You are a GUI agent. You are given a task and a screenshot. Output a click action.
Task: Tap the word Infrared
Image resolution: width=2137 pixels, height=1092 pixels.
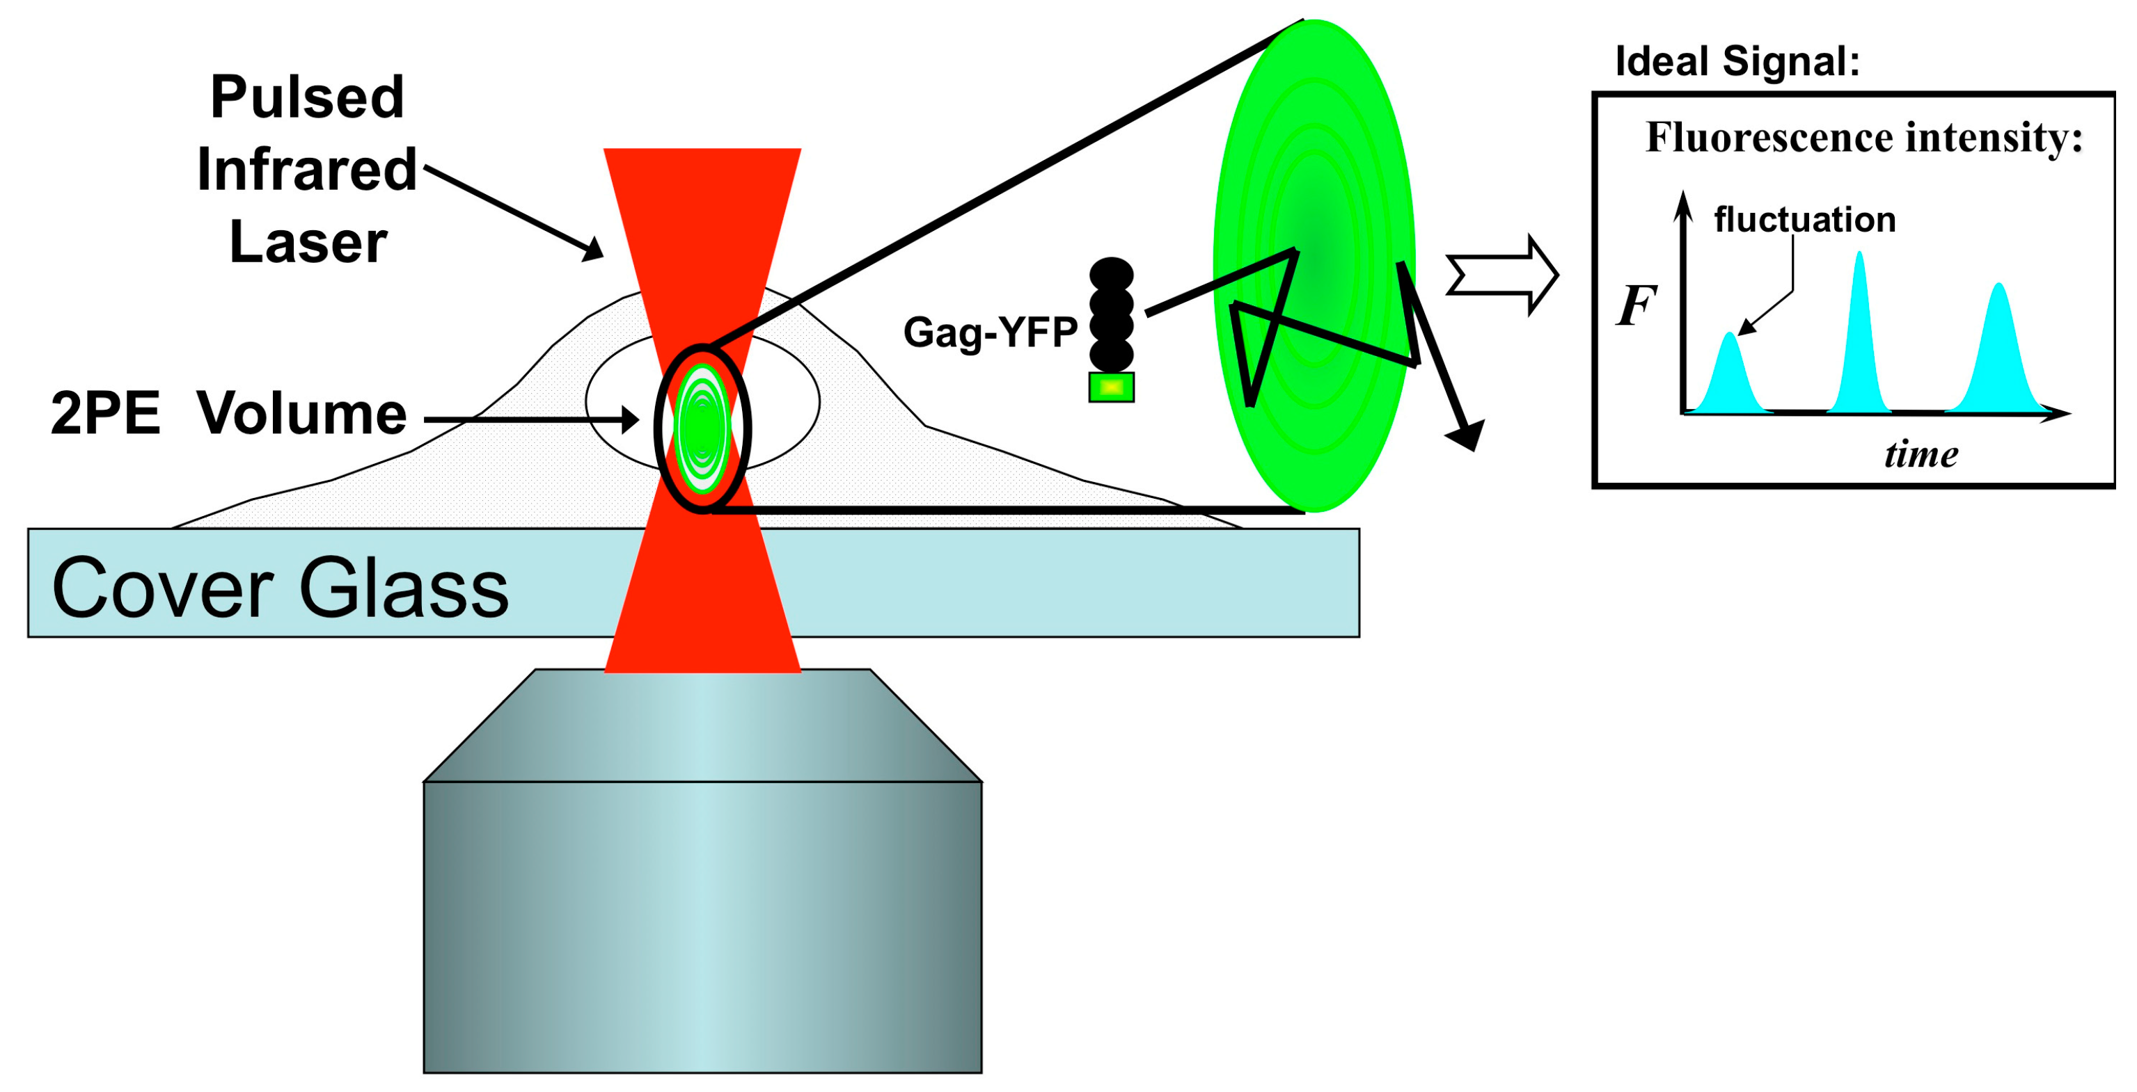coord(307,170)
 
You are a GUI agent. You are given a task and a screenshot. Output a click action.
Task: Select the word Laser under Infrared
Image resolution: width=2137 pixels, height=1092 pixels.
coord(308,243)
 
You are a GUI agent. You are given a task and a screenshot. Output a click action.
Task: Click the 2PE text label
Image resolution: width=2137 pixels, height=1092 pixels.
coord(105,413)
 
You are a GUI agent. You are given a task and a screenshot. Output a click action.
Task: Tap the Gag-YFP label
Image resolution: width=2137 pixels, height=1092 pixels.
coord(990,332)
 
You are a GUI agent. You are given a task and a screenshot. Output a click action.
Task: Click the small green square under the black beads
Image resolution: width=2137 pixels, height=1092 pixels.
coord(1111,387)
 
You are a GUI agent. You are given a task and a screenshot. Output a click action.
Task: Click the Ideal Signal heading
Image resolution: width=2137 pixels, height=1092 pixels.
coord(1737,61)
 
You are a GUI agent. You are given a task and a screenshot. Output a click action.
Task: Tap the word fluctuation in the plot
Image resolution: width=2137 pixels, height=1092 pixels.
coord(1804,220)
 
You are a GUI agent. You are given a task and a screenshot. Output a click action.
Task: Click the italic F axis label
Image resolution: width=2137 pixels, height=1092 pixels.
coord(1636,305)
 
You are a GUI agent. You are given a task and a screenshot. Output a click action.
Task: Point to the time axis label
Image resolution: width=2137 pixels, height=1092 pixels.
coord(1921,454)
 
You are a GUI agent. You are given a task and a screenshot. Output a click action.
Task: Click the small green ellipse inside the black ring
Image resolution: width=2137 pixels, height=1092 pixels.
coord(702,428)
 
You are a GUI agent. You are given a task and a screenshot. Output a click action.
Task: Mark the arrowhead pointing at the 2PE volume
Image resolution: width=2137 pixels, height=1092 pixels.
coord(631,419)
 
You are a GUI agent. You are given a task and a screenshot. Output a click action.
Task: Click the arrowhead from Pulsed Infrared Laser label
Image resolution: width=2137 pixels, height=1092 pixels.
coord(593,249)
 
